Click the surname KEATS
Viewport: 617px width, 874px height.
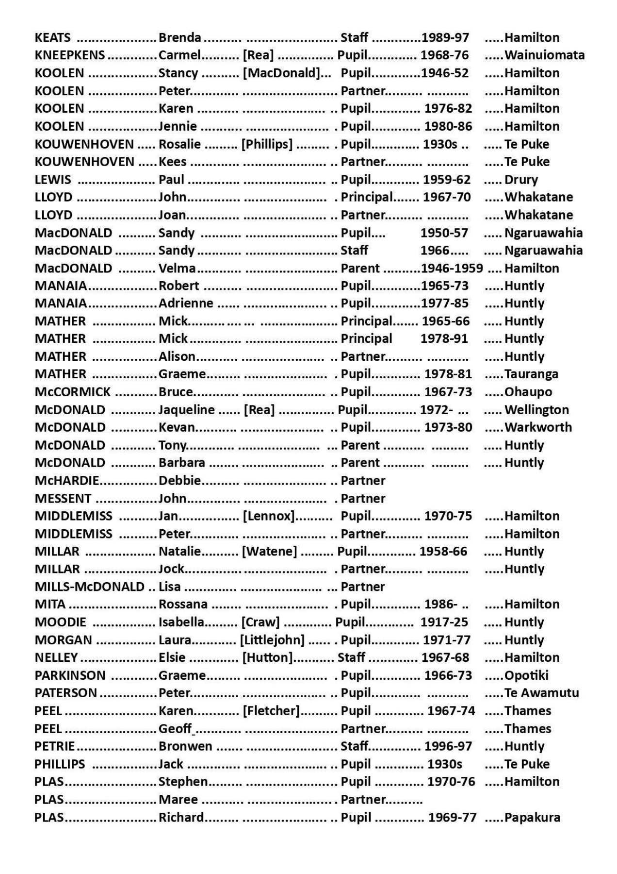pos(52,37)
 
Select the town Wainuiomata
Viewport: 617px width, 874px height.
pos(544,55)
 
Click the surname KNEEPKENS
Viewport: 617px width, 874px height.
pos(70,55)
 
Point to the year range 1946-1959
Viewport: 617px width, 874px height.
pos(452,268)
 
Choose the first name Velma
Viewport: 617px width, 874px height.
pos(177,268)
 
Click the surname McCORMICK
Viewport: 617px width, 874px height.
pos(73,392)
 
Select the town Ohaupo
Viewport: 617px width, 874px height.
pos(528,392)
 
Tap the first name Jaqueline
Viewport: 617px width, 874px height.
pos(187,410)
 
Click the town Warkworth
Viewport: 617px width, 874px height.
pos(538,427)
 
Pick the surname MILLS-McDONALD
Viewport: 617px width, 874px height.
pos(90,587)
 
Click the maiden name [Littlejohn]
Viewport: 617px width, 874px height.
pos(272,640)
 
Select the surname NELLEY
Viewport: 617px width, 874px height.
pos(56,657)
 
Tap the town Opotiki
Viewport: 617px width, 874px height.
pos(526,675)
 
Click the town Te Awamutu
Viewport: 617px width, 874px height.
pos(541,693)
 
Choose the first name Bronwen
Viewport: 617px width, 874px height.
pos(185,746)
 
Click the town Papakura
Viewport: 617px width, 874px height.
pos(532,818)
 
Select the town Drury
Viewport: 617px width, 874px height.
pos(521,180)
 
